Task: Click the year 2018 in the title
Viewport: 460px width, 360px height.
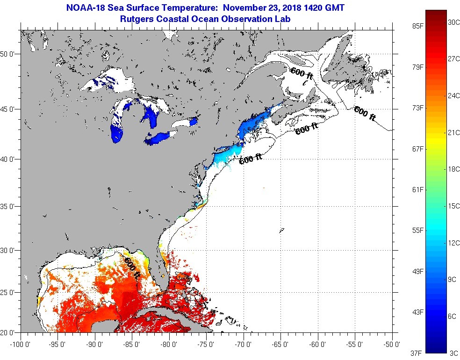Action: (288, 8)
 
